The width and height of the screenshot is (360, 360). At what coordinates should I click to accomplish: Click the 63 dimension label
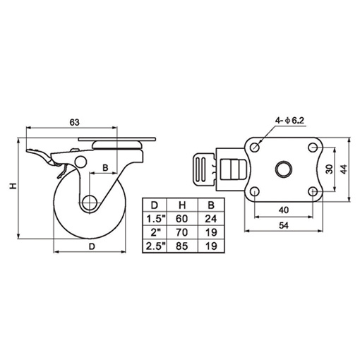click(73, 122)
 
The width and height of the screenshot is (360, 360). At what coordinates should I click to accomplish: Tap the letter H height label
click(11, 186)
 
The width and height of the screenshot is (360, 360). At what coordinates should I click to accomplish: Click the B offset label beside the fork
click(105, 168)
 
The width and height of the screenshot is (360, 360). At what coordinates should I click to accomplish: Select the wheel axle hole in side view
click(89, 203)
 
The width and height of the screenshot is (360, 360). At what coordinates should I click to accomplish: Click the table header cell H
click(181, 205)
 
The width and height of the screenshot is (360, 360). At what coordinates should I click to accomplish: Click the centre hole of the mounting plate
click(284, 170)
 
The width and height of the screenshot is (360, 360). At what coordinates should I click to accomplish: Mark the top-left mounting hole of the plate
click(255, 148)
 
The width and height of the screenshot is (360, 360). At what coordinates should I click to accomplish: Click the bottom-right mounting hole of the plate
click(313, 191)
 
